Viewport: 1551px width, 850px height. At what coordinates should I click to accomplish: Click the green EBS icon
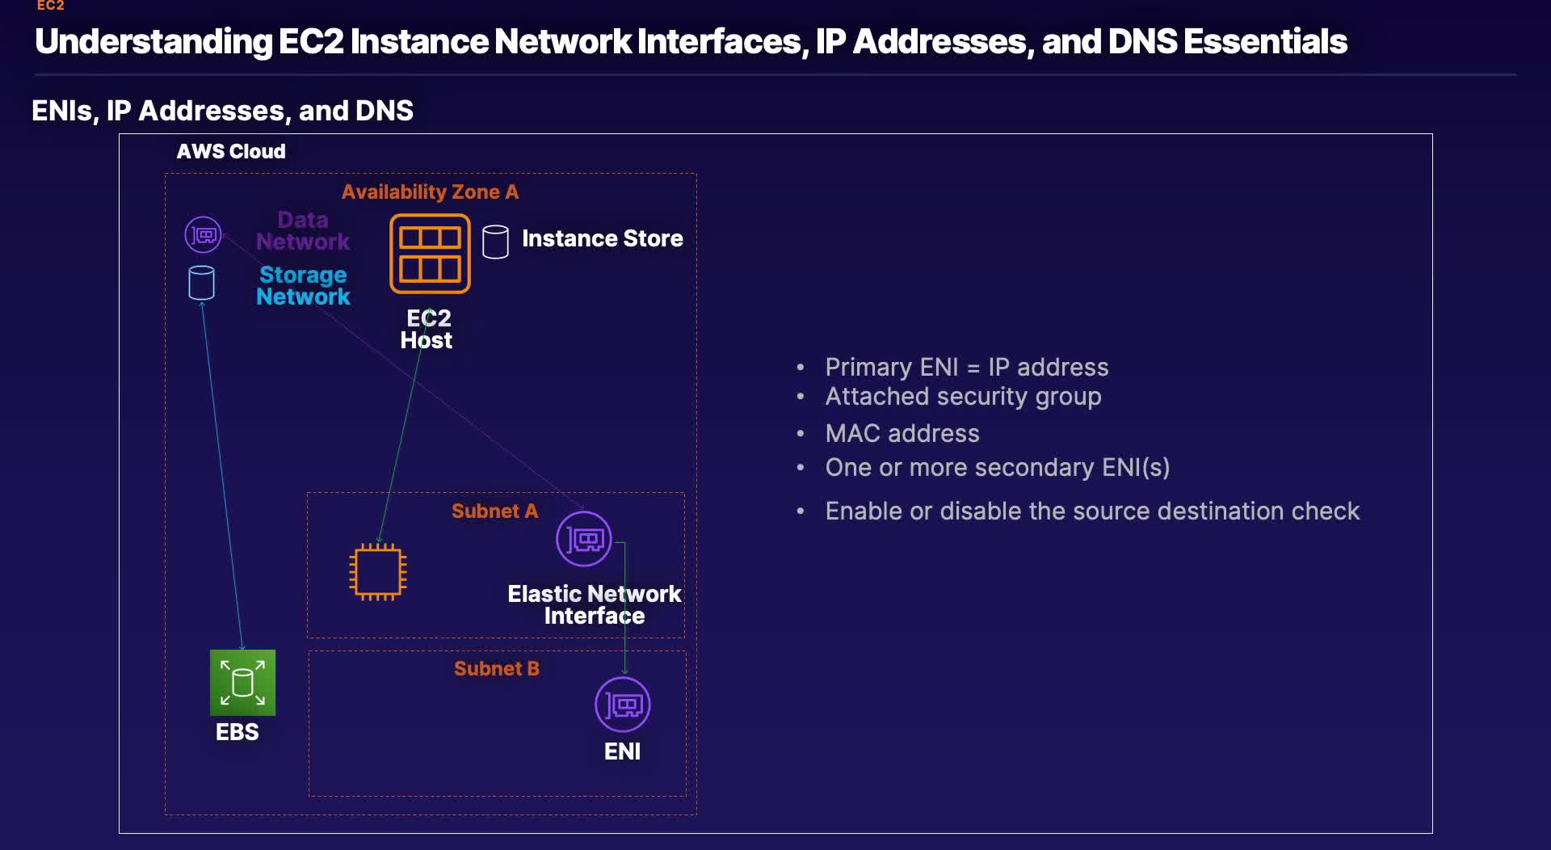pyautogui.click(x=242, y=683)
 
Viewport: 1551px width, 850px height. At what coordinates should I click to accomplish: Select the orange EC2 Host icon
pyautogui.click(x=430, y=254)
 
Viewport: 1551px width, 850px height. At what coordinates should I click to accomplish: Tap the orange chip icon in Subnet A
pyautogui.click(x=377, y=572)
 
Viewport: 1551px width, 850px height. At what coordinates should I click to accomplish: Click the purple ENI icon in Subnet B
pyautogui.click(x=623, y=705)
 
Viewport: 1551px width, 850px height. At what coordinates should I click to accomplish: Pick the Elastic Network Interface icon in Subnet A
pyautogui.click(x=584, y=539)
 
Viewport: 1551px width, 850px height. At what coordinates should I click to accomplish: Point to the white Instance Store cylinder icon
pyautogui.click(x=495, y=242)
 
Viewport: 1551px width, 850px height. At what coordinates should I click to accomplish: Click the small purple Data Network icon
pyautogui.click(x=203, y=235)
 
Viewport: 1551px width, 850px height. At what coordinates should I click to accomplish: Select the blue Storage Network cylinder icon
pyautogui.click(x=201, y=283)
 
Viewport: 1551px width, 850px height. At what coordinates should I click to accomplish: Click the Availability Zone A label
pyautogui.click(x=430, y=192)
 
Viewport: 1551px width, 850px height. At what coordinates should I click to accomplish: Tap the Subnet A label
pyautogui.click(x=494, y=511)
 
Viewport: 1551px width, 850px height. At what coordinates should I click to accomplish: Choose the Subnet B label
pyautogui.click(x=496, y=669)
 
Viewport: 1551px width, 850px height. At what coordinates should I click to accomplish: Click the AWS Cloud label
pyautogui.click(x=231, y=152)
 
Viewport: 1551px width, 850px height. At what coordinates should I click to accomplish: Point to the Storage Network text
pyautogui.click(x=303, y=286)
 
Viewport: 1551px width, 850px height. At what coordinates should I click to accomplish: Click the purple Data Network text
pyautogui.click(x=303, y=231)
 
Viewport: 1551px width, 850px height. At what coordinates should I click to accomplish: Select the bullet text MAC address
pyautogui.click(x=902, y=434)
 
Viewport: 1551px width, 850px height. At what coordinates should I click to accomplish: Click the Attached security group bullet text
pyautogui.click(x=963, y=397)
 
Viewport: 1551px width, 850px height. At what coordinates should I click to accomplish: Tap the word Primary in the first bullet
pyautogui.click(x=868, y=368)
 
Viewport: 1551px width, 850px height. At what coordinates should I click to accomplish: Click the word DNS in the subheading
pyautogui.click(x=384, y=111)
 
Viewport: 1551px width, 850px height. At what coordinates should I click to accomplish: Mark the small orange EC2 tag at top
pyautogui.click(x=50, y=6)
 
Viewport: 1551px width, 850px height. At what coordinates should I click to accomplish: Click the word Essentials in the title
pyautogui.click(x=1265, y=42)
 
